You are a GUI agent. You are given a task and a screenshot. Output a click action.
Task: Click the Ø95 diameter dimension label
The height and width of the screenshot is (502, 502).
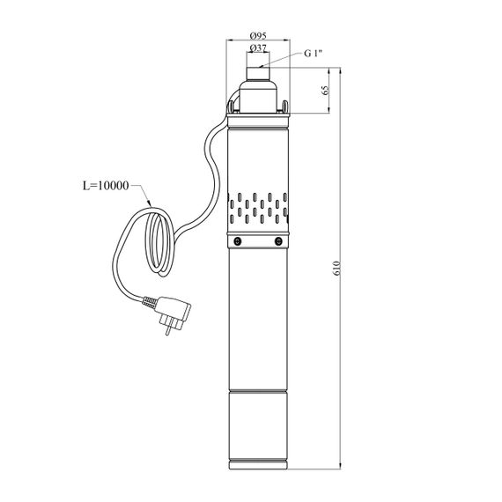pos(258,35)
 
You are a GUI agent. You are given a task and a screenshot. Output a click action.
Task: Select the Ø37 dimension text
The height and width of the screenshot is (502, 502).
pos(258,48)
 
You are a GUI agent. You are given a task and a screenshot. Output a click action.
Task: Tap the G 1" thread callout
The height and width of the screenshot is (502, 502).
pos(313,53)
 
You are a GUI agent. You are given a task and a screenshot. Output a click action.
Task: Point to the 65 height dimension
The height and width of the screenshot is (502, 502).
pos(326,91)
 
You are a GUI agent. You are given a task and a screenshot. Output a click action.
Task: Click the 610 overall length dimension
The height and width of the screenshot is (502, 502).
pos(336,269)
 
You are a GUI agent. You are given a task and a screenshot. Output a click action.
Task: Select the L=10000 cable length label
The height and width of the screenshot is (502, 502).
pos(106,185)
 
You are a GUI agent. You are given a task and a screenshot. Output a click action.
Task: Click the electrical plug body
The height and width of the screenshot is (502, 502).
pos(173,310)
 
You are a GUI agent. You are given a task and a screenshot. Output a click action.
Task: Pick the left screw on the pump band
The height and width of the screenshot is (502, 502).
pos(238,241)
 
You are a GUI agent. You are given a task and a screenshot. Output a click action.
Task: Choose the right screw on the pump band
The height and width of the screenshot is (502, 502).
pos(278,241)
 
